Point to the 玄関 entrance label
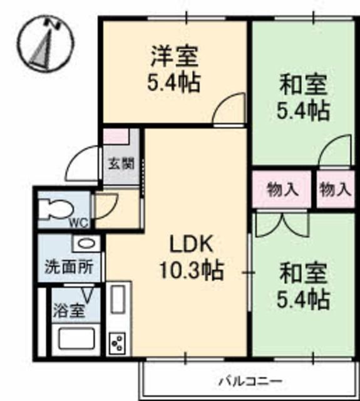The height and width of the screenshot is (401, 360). [121, 164]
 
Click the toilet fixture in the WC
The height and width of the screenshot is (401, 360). [52, 209]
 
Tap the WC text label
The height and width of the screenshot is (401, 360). [78, 222]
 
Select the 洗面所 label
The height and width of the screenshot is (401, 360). [68, 267]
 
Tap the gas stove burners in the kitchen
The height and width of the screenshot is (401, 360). [118, 343]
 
